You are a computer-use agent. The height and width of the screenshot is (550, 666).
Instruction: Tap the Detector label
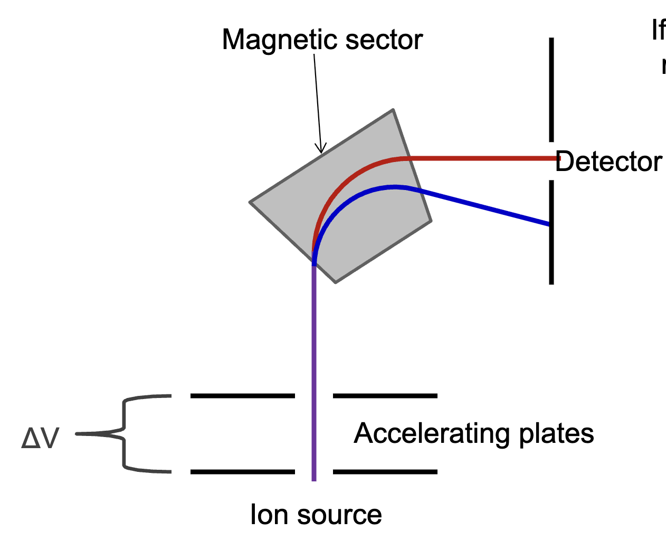pyautogui.click(x=608, y=162)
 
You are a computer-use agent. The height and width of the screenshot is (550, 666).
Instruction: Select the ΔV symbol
pyautogui.click(x=40, y=438)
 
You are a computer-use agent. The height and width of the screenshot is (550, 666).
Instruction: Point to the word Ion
pyautogui.click(x=268, y=515)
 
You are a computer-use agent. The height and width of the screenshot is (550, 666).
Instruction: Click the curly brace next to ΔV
pyautogui.click(x=124, y=433)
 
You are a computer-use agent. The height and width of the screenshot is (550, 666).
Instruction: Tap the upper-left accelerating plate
pyautogui.click(x=242, y=395)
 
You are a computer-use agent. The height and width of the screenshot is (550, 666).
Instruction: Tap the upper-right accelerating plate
pyautogui.click(x=385, y=395)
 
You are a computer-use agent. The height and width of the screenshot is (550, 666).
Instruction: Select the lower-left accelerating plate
pyautogui.click(x=242, y=471)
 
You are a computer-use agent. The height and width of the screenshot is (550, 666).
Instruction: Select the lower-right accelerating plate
pyautogui.click(x=385, y=471)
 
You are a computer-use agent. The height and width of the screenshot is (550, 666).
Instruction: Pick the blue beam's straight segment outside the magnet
pyautogui.click(x=486, y=207)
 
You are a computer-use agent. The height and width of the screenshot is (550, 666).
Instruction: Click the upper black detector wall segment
pyautogui.click(x=551, y=90)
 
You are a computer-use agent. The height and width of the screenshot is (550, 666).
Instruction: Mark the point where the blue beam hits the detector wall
pyautogui.click(x=550, y=225)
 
